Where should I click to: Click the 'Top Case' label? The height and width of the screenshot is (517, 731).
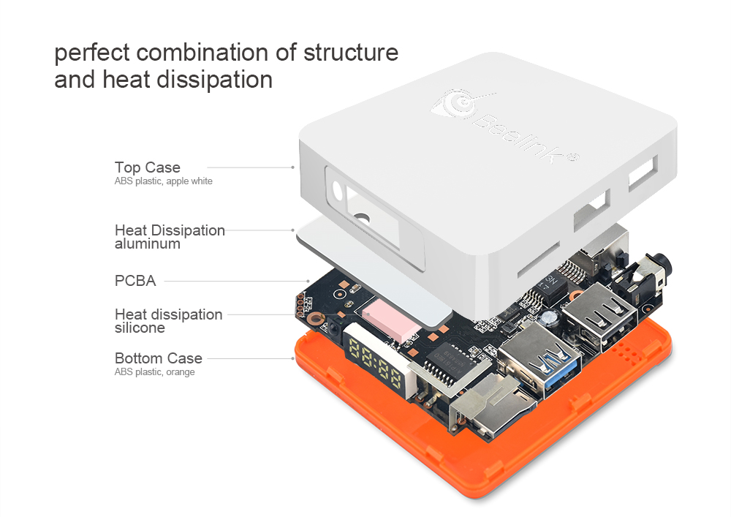[148, 167]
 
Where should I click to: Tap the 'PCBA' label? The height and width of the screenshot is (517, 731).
[135, 281]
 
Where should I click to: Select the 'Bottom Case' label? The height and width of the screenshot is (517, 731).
[159, 358]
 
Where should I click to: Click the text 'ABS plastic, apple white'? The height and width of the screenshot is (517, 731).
[163, 181]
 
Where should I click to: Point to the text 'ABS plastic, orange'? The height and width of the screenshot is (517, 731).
[154, 371]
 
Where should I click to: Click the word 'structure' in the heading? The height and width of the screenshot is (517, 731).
[351, 52]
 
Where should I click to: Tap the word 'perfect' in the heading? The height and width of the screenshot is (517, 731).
[92, 53]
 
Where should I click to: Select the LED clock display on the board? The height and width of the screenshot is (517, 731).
[376, 363]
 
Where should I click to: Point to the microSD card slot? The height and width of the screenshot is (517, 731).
[492, 407]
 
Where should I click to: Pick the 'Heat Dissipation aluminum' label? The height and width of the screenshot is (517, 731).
[170, 237]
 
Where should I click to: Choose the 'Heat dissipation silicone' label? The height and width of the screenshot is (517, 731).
[168, 321]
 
